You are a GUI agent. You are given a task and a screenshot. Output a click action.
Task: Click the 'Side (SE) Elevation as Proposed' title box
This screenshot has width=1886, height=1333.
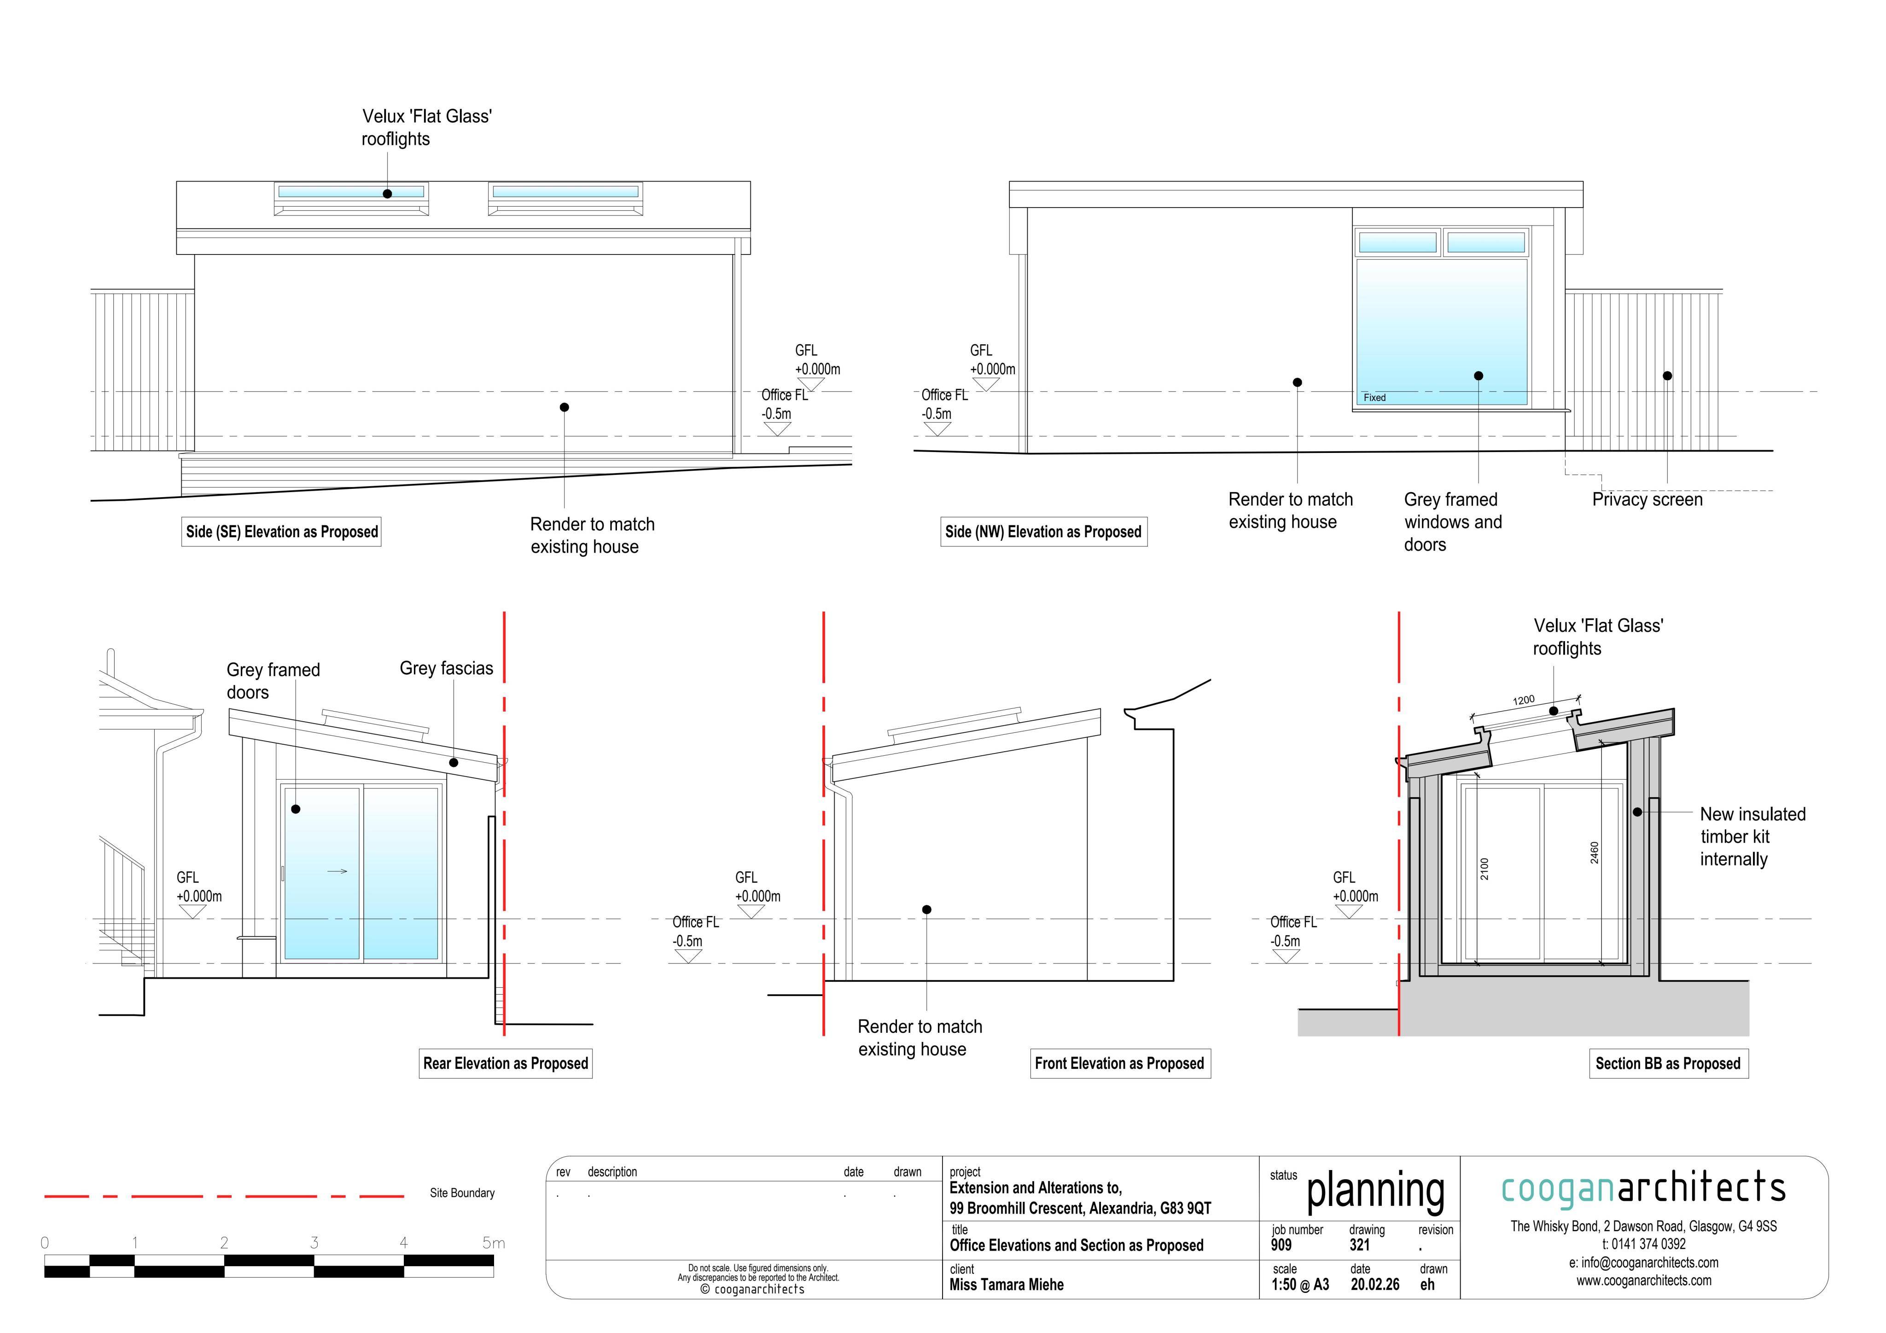[282, 532]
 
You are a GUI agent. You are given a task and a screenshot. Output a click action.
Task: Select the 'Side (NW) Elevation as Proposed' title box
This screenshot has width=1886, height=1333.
[1043, 532]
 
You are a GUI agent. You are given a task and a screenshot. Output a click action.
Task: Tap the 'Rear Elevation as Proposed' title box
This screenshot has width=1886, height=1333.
[506, 1064]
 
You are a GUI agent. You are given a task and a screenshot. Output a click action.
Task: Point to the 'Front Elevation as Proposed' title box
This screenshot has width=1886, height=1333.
[1120, 1064]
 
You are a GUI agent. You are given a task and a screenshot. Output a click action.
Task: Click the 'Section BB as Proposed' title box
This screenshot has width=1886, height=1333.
[1668, 1064]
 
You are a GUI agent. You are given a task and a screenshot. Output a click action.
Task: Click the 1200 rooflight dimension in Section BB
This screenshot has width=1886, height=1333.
[1524, 701]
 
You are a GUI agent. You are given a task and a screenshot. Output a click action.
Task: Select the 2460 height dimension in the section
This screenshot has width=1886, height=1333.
[1595, 852]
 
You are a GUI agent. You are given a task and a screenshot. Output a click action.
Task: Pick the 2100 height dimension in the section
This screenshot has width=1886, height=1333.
[1484, 869]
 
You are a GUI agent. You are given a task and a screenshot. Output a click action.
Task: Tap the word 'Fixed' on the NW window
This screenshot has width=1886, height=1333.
[1374, 398]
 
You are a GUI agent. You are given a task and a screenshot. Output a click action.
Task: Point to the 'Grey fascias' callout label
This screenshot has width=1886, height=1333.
[446, 668]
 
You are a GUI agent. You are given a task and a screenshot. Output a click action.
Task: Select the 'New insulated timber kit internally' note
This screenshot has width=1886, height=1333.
[1753, 837]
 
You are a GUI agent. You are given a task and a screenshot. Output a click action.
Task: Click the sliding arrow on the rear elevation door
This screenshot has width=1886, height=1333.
[338, 871]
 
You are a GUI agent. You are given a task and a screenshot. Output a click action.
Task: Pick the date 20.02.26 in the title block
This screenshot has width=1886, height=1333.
[1375, 1285]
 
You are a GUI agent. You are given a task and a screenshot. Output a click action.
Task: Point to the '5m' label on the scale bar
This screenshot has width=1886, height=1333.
[494, 1243]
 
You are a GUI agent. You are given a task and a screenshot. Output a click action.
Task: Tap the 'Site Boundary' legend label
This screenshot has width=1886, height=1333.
[462, 1194]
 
